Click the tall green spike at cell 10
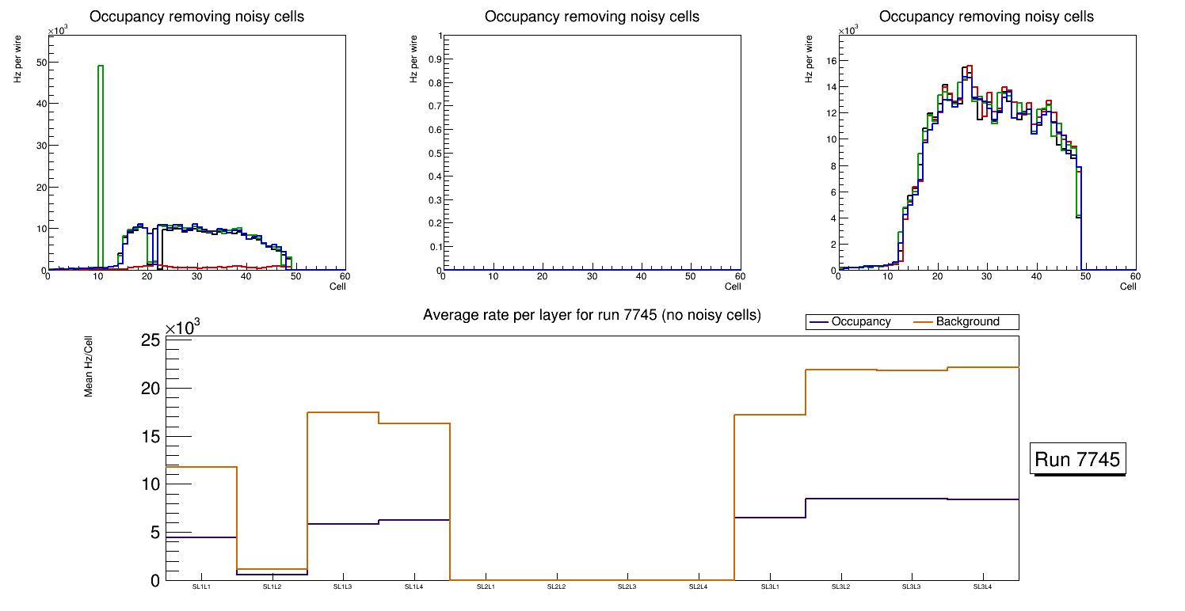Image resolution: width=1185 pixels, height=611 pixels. (101, 158)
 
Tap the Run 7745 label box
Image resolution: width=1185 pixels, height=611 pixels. (1079, 459)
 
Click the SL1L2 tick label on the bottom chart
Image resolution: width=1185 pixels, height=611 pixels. (272, 587)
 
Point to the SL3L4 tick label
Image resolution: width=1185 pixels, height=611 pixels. (982, 587)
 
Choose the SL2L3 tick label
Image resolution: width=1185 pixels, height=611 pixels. (627, 587)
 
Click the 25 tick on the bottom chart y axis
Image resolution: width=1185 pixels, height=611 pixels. (151, 340)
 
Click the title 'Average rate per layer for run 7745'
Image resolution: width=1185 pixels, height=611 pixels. (592, 315)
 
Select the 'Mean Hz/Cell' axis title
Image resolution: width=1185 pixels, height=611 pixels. (89, 366)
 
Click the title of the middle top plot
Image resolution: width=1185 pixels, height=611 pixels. (592, 17)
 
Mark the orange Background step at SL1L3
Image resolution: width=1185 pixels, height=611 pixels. (342, 412)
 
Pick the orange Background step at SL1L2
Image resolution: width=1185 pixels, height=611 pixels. (272, 569)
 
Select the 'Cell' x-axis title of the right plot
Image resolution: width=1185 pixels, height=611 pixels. (1128, 287)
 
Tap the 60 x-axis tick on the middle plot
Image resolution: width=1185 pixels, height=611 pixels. (739, 276)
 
